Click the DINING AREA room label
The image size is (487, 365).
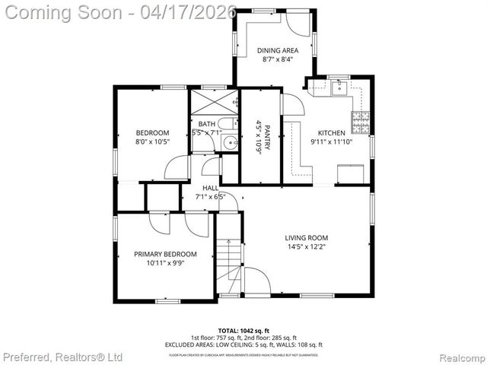click(277, 51)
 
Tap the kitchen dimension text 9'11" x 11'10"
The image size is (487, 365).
click(331, 141)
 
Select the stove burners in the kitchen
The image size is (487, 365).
click(360, 119)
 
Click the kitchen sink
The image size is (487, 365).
click(339, 87)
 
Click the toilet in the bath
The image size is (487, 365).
click(226, 125)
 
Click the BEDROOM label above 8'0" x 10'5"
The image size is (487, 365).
click(152, 132)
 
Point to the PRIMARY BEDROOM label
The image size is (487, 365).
click(165, 254)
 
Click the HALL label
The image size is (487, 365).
click(211, 188)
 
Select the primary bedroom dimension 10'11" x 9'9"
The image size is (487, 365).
click(165, 263)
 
